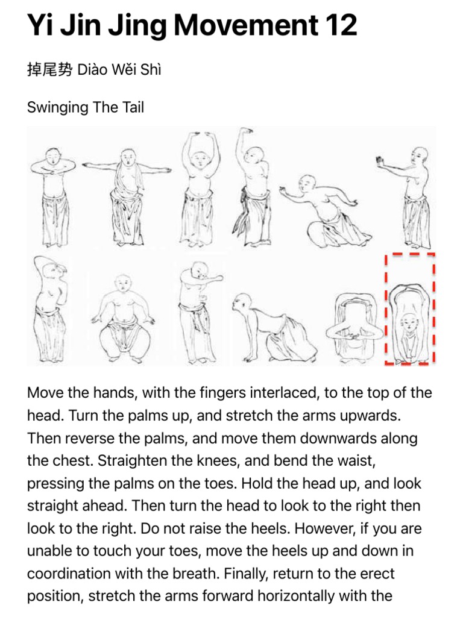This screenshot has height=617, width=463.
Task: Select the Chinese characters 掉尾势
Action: click(x=49, y=70)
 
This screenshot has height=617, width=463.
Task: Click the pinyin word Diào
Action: click(x=93, y=70)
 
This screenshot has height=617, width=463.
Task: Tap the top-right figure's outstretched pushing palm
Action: click(x=381, y=161)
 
